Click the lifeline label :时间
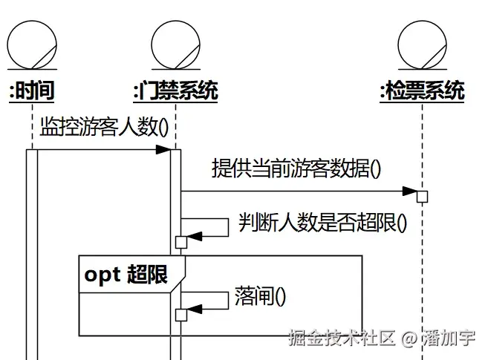pos(31,91)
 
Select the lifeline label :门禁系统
pos(175,91)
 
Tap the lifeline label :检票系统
pos(422,91)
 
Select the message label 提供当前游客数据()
pos(296,168)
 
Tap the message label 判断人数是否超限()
pos(322,222)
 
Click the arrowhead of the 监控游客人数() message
pos(164,150)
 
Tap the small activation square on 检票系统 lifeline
pos(422,197)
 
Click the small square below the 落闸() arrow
pos(180,315)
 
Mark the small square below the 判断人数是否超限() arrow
pos(180,242)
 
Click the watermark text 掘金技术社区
pos(341,339)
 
